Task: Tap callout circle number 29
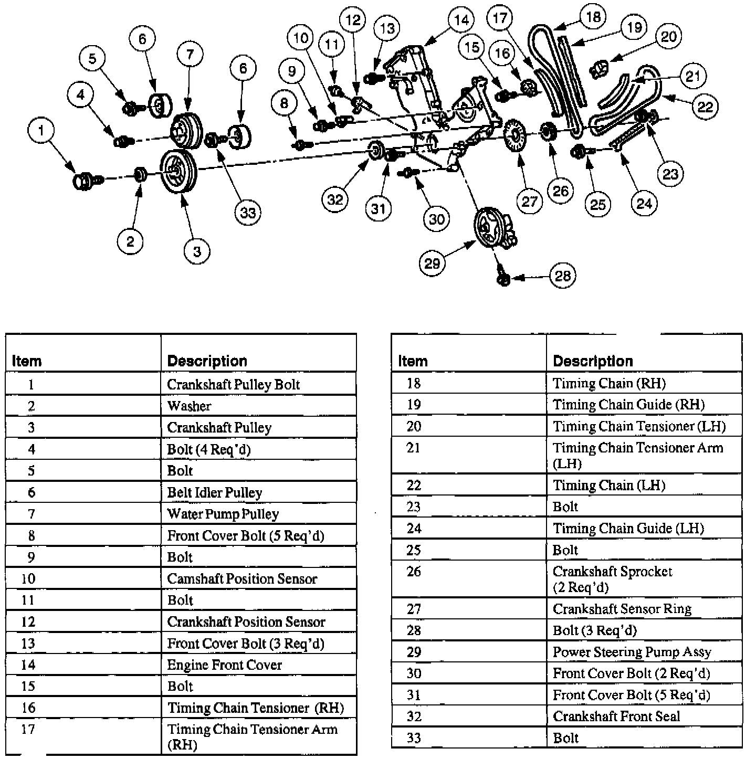(x=432, y=262)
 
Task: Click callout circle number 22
(x=705, y=107)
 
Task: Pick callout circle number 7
(x=190, y=54)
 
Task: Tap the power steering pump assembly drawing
(x=493, y=228)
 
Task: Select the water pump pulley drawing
(x=186, y=131)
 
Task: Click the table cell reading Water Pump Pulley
(x=223, y=514)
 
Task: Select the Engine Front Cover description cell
(x=225, y=665)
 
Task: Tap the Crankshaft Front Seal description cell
(x=616, y=716)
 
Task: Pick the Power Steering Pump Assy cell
(x=632, y=652)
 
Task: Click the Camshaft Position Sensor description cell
(x=242, y=579)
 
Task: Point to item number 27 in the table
(x=414, y=609)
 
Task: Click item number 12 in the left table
(x=28, y=622)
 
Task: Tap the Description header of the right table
(x=593, y=361)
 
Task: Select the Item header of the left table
(x=26, y=361)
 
